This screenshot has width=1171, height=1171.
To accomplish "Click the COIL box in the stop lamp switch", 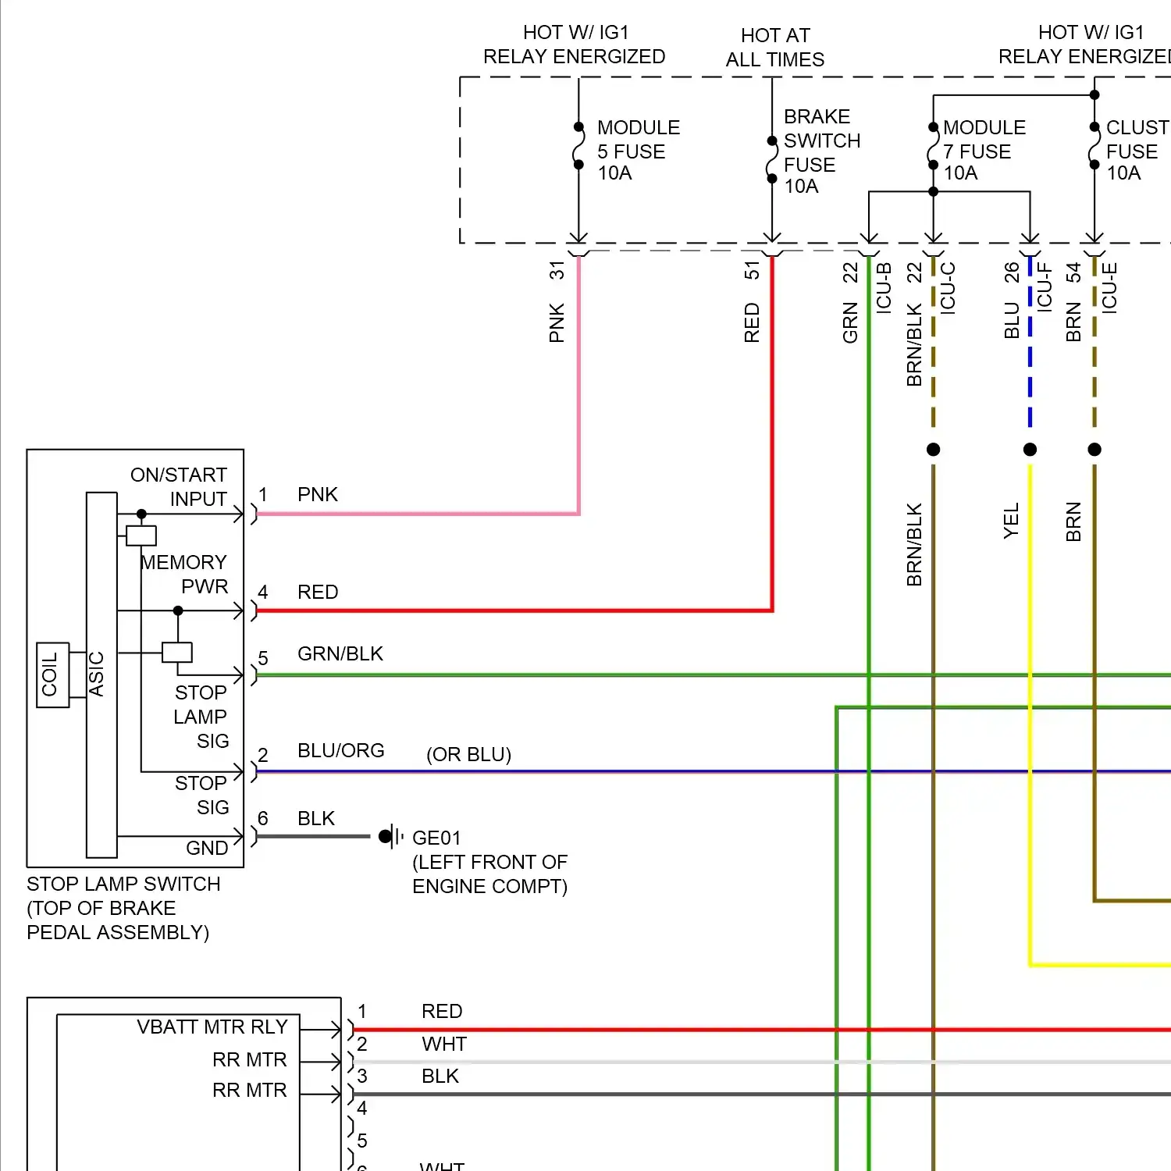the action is point(53,675).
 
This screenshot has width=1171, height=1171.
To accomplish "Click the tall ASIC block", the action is point(101,675).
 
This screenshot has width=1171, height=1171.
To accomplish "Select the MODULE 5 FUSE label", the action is point(638,150).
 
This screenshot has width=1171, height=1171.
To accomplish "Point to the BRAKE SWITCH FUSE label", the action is point(821,151).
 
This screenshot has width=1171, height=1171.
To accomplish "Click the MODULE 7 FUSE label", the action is point(984,150).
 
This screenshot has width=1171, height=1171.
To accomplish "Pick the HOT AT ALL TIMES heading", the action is point(774,48).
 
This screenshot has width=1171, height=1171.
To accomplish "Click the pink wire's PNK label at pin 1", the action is point(317,494).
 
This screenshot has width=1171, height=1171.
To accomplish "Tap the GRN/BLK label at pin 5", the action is point(340,653).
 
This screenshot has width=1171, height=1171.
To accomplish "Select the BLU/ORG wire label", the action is point(340,750).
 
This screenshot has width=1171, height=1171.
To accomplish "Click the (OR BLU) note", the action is point(468,754).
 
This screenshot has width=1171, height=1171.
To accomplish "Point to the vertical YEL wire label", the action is point(1011,521).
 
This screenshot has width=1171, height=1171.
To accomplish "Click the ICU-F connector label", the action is point(1044,287).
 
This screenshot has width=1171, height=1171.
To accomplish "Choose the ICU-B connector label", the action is point(883,287).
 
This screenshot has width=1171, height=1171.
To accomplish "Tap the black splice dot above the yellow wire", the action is point(1030,449).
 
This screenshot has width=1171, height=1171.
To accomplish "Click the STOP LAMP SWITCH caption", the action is point(123,884).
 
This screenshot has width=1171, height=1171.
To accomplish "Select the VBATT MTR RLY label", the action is point(212,1027).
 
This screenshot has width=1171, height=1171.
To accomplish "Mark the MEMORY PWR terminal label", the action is point(184,574).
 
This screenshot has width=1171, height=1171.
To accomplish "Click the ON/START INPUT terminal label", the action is point(179,486).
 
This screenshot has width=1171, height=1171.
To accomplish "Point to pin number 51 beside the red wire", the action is point(751,270).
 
